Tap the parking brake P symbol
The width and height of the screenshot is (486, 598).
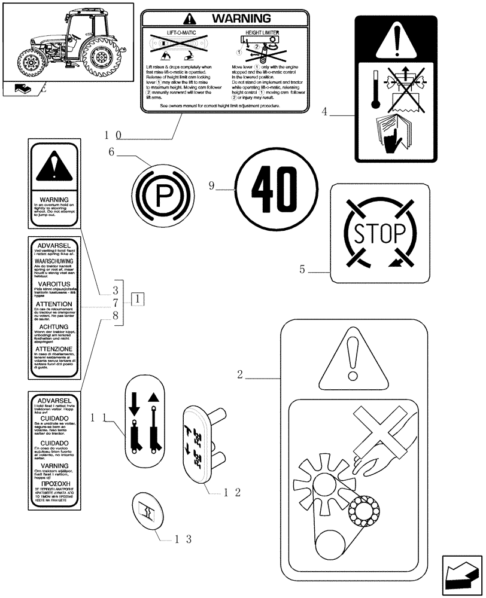pos(160,193)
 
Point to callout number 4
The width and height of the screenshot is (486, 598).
pos(324,111)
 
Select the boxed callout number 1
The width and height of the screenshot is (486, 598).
pos(137,298)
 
